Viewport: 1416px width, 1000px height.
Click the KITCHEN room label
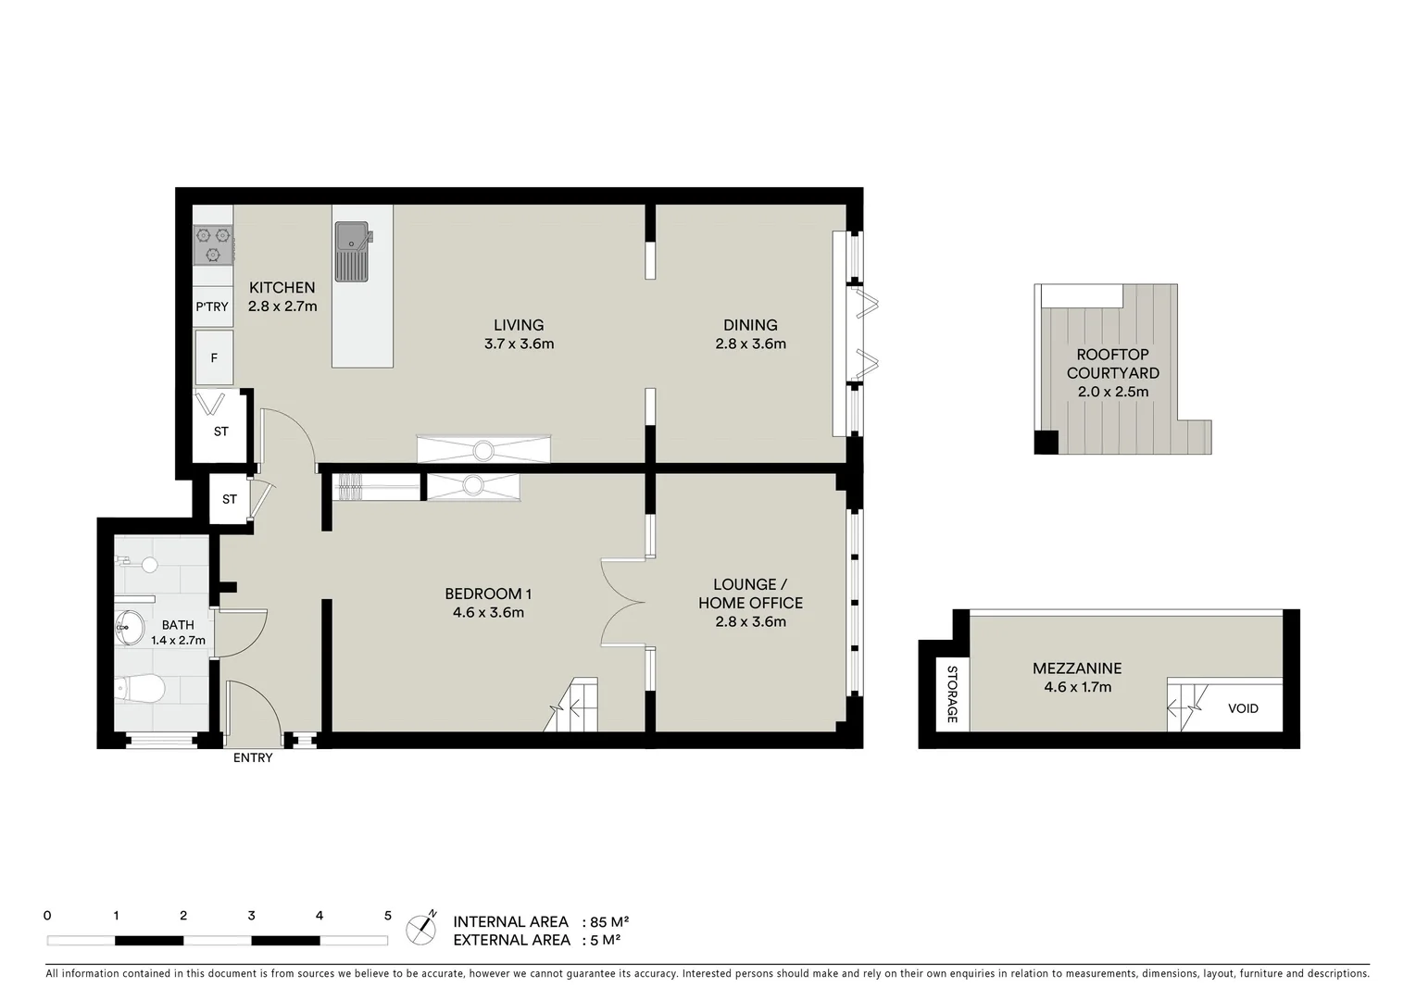[x=282, y=288]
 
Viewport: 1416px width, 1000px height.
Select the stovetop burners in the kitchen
[x=213, y=244]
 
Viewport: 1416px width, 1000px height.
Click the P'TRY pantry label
[x=212, y=306]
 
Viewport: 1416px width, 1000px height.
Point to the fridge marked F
[x=214, y=357]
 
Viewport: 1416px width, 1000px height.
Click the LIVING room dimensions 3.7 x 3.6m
[x=519, y=344]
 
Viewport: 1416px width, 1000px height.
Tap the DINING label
[x=750, y=325]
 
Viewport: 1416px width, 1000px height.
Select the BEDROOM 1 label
[x=488, y=594]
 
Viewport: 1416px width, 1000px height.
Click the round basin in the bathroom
[x=129, y=627]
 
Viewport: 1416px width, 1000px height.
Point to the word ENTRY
[x=253, y=757]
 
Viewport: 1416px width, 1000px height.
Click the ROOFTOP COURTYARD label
[x=1112, y=364]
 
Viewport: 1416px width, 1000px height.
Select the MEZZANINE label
[x=1077, y=668]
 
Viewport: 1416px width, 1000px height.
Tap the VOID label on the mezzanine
[x=1243, y=708]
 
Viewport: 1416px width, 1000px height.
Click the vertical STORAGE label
[x=951, y=694]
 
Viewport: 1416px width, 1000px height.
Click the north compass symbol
[x=421, y=929]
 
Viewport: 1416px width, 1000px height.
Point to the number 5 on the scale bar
[x=387, y=916]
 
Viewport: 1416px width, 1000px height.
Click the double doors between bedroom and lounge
[x=622, y=602]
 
